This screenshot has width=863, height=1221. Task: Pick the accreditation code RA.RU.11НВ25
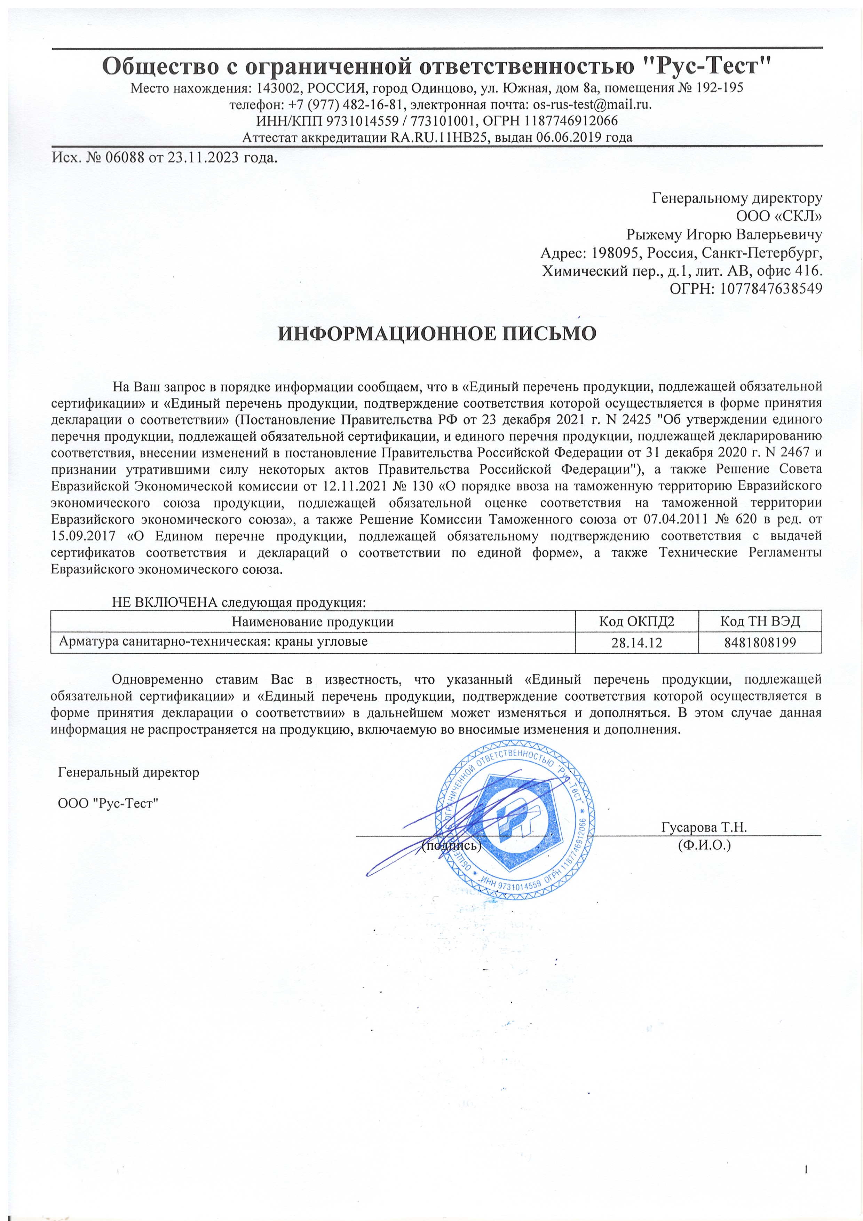441,138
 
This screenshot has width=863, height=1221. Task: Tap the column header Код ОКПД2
636,621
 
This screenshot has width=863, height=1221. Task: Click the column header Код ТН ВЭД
760,621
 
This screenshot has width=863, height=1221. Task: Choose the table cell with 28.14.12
636,643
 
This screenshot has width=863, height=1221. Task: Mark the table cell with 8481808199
760,643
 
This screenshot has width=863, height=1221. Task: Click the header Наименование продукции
312,622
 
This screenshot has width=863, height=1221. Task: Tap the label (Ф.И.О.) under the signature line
704,845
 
